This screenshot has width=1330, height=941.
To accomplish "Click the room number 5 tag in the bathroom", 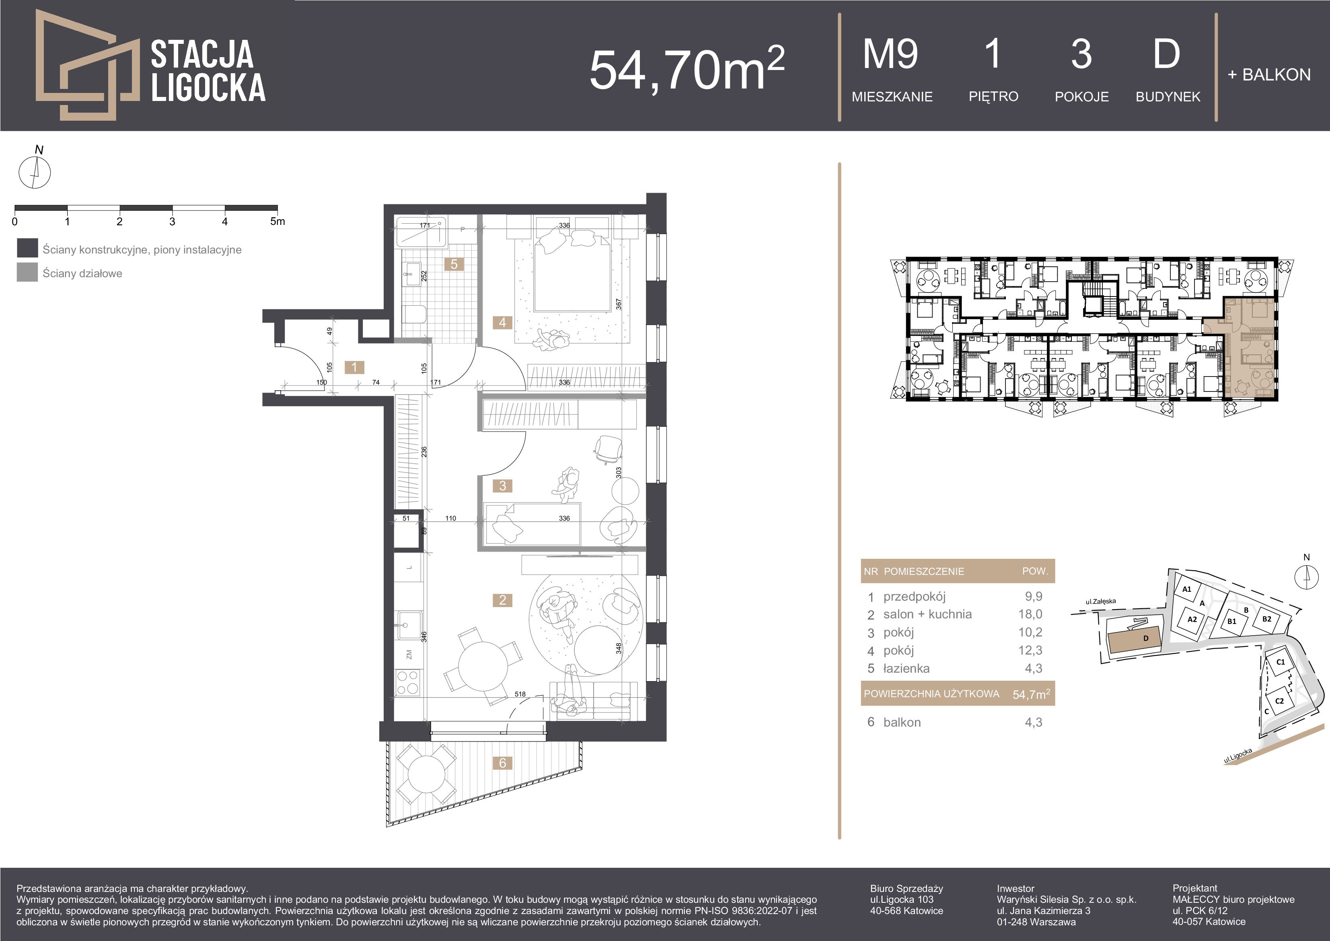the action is point(454,264).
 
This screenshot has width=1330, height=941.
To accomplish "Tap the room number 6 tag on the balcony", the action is point(502,763).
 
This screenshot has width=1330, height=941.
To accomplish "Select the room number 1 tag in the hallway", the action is point(354,367).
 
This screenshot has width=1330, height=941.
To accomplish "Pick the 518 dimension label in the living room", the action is point(520,694).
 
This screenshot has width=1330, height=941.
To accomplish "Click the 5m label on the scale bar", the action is point(278,221).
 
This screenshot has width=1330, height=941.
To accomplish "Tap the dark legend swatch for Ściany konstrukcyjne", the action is point(27,248).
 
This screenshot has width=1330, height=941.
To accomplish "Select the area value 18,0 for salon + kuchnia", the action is point(1030,614).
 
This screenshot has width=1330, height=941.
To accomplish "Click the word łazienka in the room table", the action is point(907,669).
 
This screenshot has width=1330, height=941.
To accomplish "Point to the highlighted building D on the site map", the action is point(1134,640).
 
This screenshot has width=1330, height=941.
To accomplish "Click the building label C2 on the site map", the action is point(1280,700).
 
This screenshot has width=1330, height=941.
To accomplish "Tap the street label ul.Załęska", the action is point(1101,602).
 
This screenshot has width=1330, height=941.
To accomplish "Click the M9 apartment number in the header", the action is point(890,54).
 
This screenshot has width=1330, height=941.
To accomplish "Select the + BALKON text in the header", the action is point(1269,75).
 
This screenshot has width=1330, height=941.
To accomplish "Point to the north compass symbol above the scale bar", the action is point(35,172).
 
